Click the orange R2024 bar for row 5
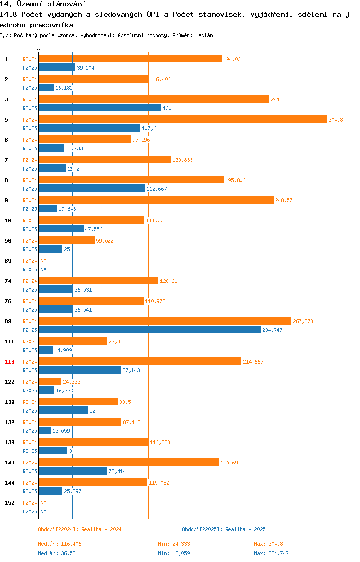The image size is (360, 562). point(183,119)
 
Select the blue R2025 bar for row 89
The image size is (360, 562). point(150,330)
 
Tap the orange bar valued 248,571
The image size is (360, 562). point(156,200)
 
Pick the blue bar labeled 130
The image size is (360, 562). point(100,108)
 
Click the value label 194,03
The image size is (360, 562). point(232,59)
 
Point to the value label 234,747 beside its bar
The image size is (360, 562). point(272,330)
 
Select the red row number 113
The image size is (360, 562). point(10,362)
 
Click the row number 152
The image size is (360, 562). point(10,503)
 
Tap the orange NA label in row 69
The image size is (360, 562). point(43,261)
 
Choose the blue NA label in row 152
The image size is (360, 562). point(43,512)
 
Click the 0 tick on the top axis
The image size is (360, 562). point(39,50)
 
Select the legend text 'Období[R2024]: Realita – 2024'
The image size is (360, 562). point(80,529)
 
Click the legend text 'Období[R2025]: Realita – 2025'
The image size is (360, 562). point(224,529)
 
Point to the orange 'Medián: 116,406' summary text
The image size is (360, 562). point(60,544)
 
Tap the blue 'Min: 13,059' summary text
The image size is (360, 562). point(174,553)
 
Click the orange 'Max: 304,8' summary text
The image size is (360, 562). point(269,544)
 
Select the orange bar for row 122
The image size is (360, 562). point(50,382)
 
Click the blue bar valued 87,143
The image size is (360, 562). point(80,370)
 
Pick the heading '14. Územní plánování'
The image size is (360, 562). point(43,4)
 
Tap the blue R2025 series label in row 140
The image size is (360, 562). point(30,471)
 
